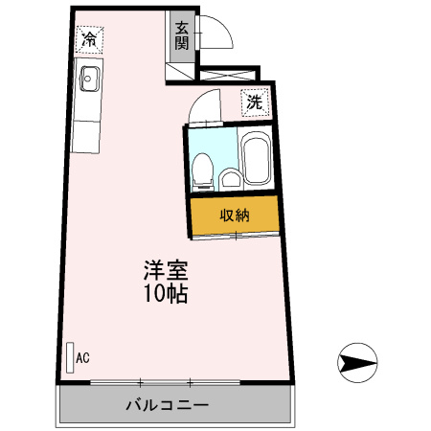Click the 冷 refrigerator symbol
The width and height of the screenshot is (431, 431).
(x=89, y=39)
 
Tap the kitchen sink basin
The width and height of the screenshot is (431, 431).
(x=89, y=79)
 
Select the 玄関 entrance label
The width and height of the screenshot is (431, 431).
(x=182, y=35)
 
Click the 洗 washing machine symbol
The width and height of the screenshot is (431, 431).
(x=254, y=101)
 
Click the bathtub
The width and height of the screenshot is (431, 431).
(x=256, y=162)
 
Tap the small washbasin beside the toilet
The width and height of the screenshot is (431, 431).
(x=231, y=178)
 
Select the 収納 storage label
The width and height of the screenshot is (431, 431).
(x=235, y=215)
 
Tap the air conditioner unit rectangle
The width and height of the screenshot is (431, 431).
(x=70, y=356)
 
